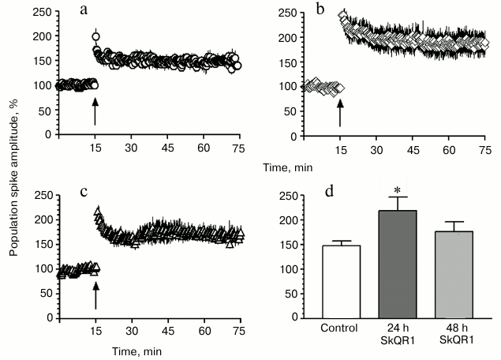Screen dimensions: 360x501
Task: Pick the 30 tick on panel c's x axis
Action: click(x=133, y=330)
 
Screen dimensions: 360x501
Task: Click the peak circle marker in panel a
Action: click(x=96, y=36)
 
